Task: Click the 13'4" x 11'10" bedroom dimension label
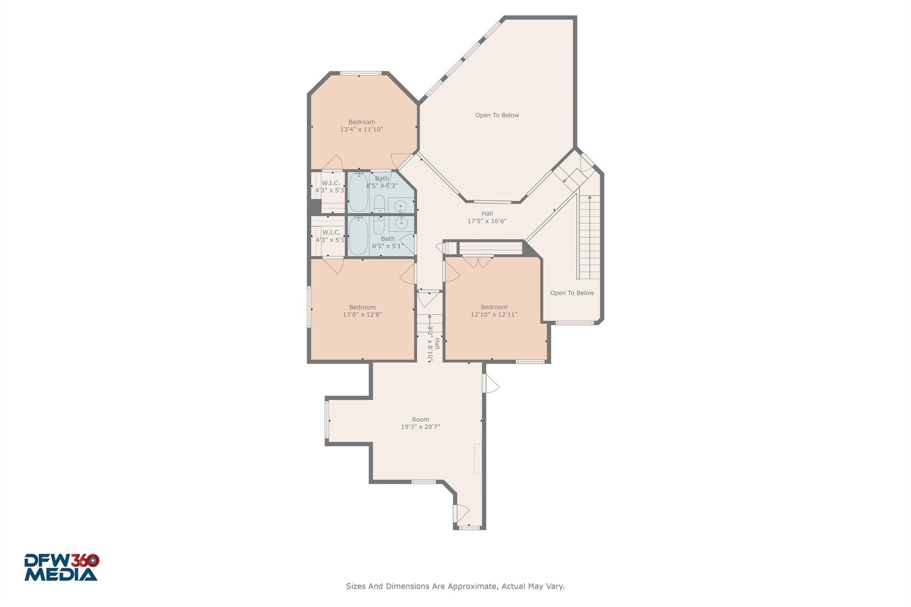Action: click(361, 129)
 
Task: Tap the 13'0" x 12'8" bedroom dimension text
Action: click(362, 314)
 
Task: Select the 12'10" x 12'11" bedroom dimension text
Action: click(494, 314)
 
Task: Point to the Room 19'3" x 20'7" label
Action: click(420, 423)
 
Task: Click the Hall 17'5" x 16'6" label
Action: click(487, 217)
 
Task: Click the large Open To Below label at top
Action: click(497, 115)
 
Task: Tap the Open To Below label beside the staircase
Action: click(572, 293)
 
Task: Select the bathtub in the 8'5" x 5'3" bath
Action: click(358, 193)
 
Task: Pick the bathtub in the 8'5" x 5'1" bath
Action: click(358, 235)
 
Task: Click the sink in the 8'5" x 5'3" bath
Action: click(400, 206)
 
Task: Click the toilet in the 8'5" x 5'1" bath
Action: click(379, 224)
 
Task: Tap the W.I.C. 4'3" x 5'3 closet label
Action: click(330, 186)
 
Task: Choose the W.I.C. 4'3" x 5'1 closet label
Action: click(330, 236)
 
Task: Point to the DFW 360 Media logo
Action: click(61, 567)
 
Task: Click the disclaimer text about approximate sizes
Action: click(455, 586)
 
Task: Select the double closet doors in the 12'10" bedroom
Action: click(478, 262)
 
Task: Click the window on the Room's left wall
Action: click(327, 420)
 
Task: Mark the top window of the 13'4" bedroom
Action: click(360, 73)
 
